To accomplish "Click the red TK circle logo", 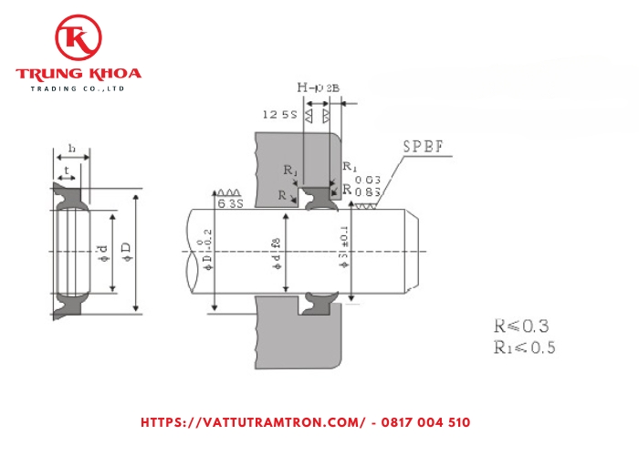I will click(78, 39).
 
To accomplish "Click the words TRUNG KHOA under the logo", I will click(78, 74).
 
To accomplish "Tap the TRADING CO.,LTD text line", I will click(78, 88).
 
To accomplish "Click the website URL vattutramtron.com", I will click(253, 422).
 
